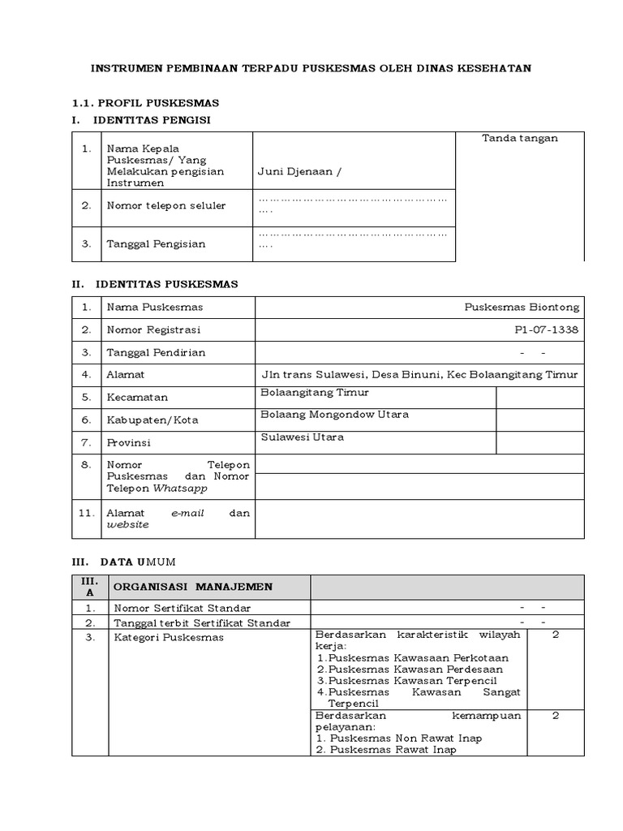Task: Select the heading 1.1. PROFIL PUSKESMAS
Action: pyautogui.click(x=146, y=103)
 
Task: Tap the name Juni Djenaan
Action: pyautogui.click(x=295, y=171)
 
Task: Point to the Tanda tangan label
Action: pyautogui.click(x=520, y=139)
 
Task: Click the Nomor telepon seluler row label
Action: pyautogui.click(x=166, y=205)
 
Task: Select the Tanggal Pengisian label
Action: pyautogui.click(x=156, y=243)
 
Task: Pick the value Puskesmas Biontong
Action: pyautogui.click(x=522, y=308)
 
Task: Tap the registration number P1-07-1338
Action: pyautogui.click(x=547, y=330)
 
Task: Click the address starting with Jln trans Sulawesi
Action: pyautogui.click(x=419, y=375)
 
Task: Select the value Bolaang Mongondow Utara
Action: pyautogui.click(x=334, y=415)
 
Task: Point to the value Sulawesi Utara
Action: pyautogui.click(x=302, y=437)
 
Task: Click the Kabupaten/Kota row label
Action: pyautogui.click(x=153, y=420)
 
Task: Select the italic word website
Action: pyautogui.click(x=128, y=525)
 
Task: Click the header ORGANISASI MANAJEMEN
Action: pyautogui.click(x=193, y=587)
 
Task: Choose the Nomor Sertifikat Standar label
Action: pyautogui.click(x=183, y=608)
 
